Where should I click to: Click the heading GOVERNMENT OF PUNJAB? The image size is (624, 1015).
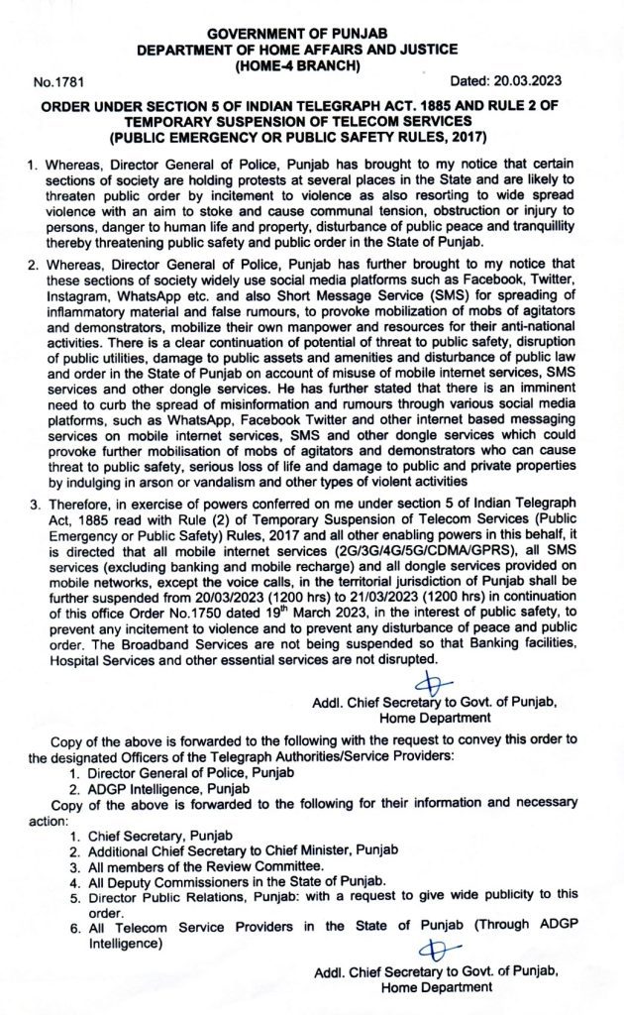coord(312,33)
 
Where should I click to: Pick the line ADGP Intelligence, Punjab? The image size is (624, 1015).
coord(156,789)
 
